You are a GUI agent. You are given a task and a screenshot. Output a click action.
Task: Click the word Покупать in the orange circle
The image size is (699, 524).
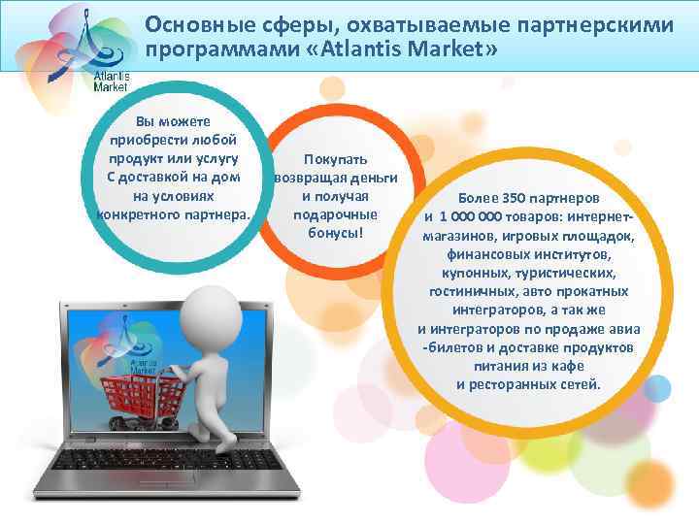click(x=335, y=159)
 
